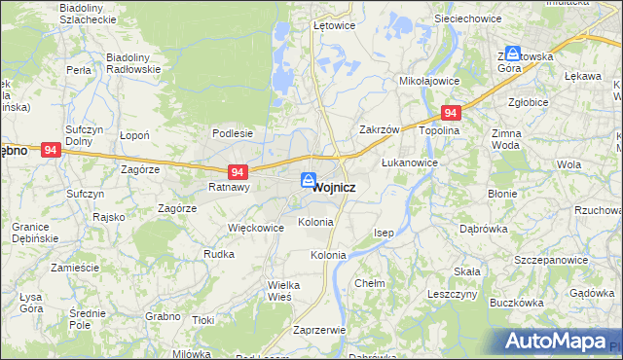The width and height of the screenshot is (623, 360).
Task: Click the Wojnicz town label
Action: coord(334,187)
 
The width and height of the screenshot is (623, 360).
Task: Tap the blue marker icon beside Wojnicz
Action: coord(308,181)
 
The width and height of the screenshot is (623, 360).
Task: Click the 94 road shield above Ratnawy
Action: coord(224,171)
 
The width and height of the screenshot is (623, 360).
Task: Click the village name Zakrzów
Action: coord(380,129)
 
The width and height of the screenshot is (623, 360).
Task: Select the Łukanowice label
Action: coord(409,162)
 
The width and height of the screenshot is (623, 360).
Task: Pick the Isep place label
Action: coord(385,234)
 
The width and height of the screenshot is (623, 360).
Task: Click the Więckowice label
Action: coord(255,228)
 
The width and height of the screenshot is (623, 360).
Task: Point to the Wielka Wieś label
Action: coord(260,292)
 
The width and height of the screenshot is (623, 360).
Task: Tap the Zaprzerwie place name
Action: coord(319,330)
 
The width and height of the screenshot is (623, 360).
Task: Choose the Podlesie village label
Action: coord(233,134)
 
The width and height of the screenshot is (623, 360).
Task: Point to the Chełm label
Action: coord(370,283)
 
